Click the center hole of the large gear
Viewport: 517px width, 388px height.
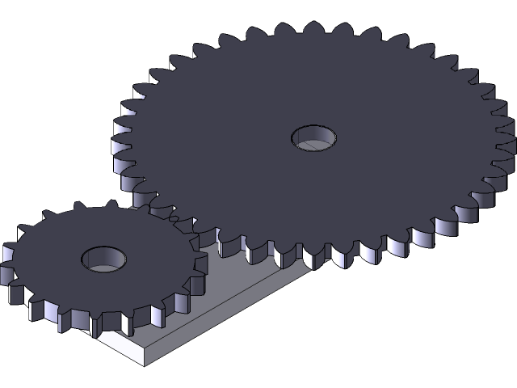pos(313,137)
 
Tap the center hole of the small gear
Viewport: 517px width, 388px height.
pos(104,259)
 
